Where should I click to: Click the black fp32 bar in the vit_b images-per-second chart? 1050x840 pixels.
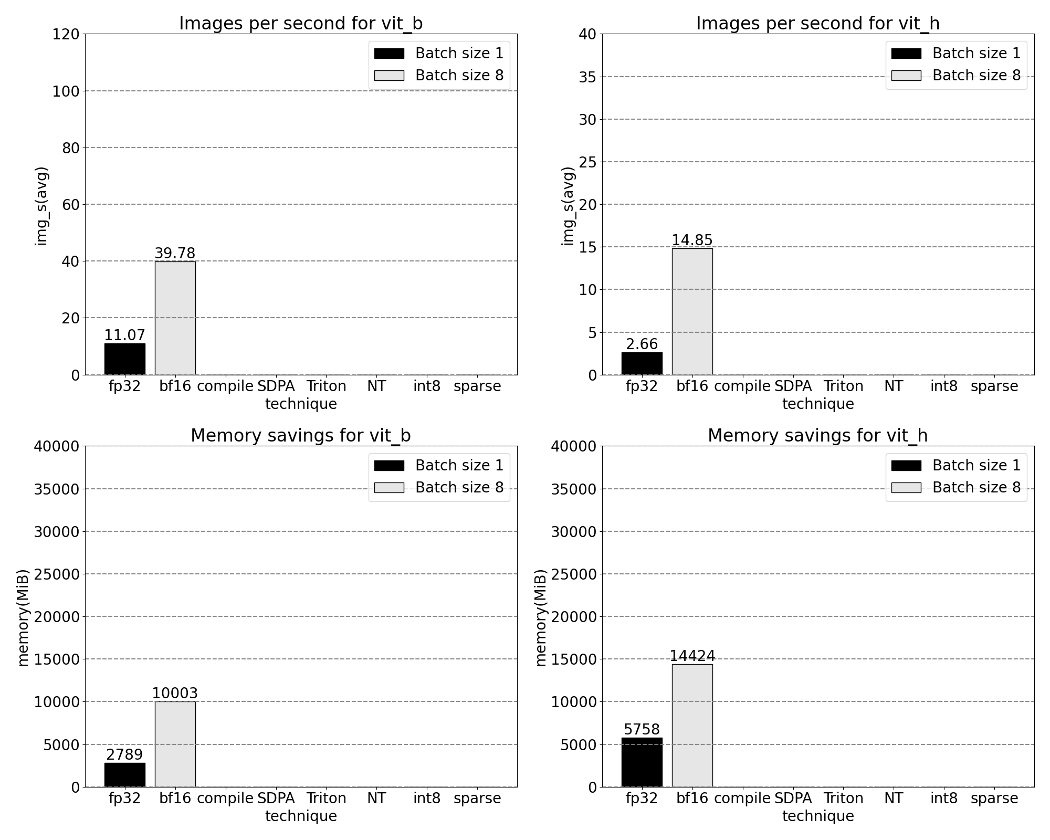click(x=125, y=359)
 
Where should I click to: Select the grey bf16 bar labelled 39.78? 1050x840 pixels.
click(x=175, y=318)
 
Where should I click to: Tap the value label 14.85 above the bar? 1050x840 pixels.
click(x=692, y=240)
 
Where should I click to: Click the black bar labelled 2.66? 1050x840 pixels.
click(x=642, y=363)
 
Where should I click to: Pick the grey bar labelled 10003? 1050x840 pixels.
click(x=175, y=744)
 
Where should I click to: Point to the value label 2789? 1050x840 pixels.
click(x=124, y=754)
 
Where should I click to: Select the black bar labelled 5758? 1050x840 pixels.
click(x=642, y=762)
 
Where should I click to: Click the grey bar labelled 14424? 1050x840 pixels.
click(x=692, y=726)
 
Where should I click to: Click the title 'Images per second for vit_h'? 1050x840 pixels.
click(x=817, y=24)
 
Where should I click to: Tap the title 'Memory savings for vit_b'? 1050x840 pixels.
click(x=300, y=436)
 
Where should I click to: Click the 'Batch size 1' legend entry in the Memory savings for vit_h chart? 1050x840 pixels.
click(x=956, y=465)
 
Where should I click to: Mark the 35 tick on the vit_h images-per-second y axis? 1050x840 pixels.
click(x=587, y=77)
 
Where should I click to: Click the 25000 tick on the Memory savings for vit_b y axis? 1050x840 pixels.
click(x=57, y=574)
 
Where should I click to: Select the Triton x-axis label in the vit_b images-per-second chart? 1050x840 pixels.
click(x=326, y=386)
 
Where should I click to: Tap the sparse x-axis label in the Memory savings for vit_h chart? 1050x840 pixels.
click(x=994, y=799)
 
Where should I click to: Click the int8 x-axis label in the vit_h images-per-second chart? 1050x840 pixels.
click(x=943, y=386)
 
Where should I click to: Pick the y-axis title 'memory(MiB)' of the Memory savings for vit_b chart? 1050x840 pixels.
click(x=23, y=617)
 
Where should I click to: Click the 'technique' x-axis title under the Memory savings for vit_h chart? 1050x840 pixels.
click(x=817, y=816)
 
